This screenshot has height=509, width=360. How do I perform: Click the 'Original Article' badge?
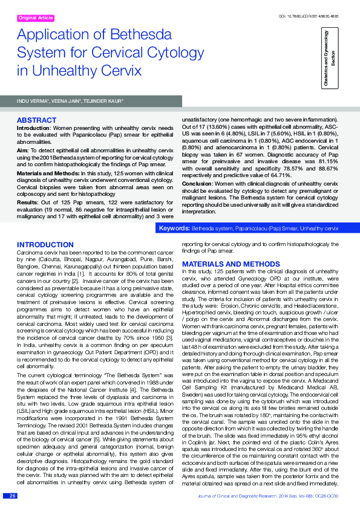36,18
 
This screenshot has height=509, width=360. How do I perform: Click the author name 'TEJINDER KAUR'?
104,101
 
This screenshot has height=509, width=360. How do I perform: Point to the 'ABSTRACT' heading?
37,120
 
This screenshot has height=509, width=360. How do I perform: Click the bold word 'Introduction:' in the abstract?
34,128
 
